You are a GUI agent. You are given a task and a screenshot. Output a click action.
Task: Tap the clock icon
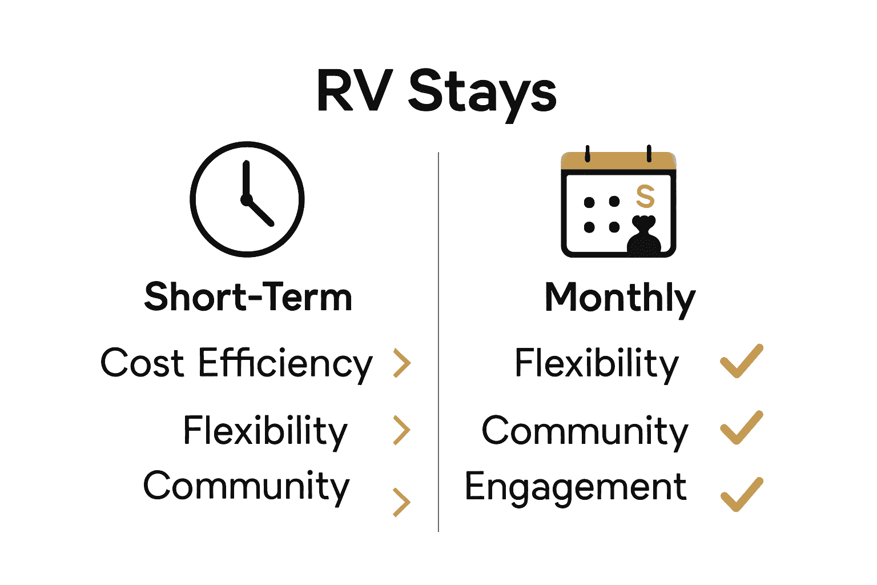(247, 199)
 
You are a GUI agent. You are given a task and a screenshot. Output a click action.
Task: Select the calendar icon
(618, 204)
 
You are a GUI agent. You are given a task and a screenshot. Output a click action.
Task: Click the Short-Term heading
(248, 297)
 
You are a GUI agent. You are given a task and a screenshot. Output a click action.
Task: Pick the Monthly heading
(620, 298)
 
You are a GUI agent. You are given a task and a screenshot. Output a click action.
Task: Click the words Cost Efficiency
(236, 363)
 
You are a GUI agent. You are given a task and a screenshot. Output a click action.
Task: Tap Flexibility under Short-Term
(265, 431)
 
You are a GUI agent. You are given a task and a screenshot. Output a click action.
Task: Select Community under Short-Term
(246, 487)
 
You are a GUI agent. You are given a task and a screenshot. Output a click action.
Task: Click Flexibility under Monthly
(597, 363)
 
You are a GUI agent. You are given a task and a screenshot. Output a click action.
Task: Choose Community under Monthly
(585, 431)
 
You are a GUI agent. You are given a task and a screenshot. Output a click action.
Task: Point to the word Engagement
(576, 487)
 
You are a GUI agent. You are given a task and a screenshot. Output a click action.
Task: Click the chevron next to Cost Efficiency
(403, 363)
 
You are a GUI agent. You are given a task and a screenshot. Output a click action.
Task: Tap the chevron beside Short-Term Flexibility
(403, 430)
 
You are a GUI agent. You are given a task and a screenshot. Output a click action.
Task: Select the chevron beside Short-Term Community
(403, 502)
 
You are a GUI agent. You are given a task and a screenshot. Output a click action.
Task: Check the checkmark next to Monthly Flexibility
(742, 362)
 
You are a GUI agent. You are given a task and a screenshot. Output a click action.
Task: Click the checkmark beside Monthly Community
(742, 428)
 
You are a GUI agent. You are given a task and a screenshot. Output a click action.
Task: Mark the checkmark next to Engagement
(742, 495)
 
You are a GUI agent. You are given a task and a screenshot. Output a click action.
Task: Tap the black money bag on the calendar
(644, 235)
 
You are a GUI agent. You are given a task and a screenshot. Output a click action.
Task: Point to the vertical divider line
(438, 343)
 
